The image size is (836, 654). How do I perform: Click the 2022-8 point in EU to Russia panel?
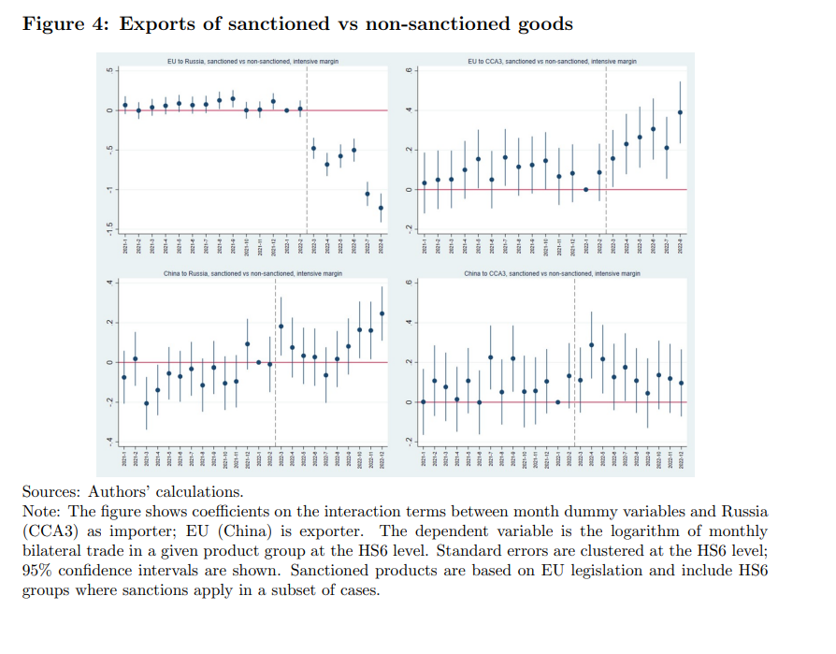tap(381, 208)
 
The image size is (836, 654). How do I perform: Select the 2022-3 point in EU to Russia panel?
tap(313, 148)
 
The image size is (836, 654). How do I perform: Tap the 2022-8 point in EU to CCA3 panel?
tap(680, 112)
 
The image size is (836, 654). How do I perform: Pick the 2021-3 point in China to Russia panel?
tap(147, 403)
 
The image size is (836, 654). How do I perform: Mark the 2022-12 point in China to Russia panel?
tap(382, 314)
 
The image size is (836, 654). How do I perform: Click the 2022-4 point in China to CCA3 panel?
tap(591, 345)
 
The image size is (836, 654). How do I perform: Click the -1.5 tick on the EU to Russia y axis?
tap(109, 226)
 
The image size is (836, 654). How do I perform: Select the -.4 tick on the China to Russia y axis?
tap(109, 441)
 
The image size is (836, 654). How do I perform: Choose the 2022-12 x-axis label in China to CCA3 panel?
tap(682, 459)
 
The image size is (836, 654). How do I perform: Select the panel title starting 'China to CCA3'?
tap(552, 274)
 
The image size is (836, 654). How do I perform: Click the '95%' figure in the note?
tap(40, 570)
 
